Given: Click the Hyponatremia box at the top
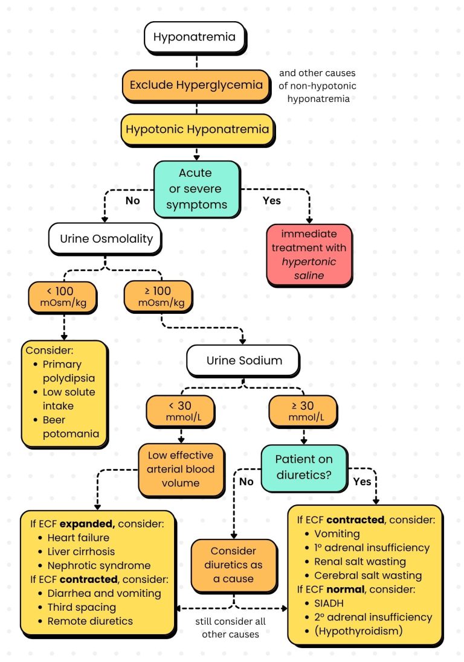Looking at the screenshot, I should click(x=194, y=37).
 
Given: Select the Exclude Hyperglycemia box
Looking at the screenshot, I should click(x=196, y=85).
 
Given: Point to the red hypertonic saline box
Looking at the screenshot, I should click(x=309, y=254).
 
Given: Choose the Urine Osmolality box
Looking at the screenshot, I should click(x=106, y=238).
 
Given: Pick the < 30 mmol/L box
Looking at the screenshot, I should click(x=180, y=410).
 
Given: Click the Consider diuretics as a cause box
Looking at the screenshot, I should click(x=234, y=565).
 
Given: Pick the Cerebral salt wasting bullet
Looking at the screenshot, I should click(x=368, y=575).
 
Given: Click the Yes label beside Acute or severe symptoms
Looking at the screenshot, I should click(x=272, y=200).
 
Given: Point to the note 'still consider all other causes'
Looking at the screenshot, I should click(x=232, y=628).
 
